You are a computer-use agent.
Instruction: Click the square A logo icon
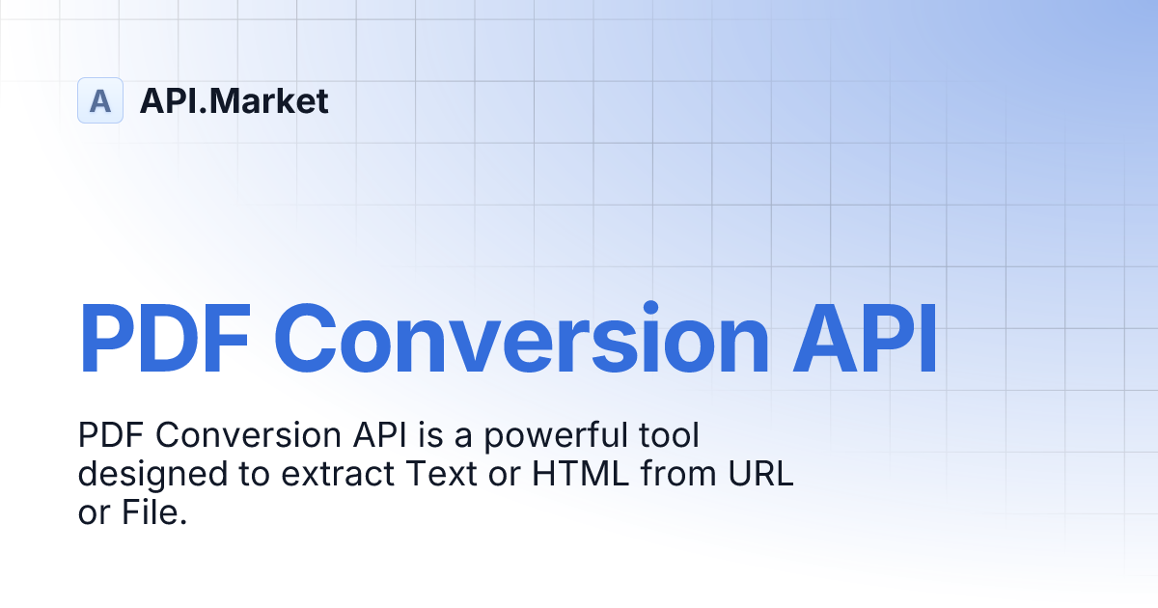(x=100, y=100)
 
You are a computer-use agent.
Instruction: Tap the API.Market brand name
(x=234, y=100)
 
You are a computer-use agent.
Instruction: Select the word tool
(x=667, y=436)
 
